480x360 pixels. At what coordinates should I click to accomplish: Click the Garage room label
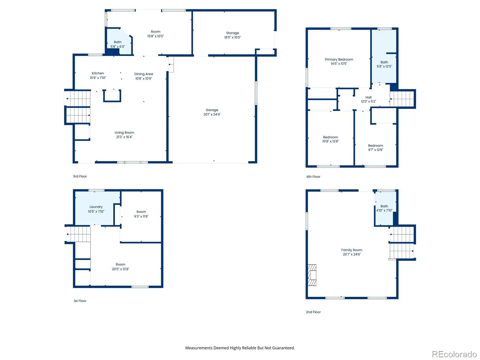[x=212, y=110]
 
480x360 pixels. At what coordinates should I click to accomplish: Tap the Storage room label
[x=232, y=33]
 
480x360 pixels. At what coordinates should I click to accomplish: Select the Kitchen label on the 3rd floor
[x=98, y=73]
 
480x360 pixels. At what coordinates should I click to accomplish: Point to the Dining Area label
[x=143, y=74]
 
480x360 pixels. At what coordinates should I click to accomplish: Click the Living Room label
[x=124, y=133]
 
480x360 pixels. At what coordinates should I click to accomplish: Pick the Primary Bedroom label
[x=339, y=59]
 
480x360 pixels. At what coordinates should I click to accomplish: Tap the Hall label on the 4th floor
[x=368, y=97]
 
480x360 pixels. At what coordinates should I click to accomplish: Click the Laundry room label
[x=96, y=207]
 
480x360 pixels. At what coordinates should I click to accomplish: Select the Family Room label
[x=352, y=250]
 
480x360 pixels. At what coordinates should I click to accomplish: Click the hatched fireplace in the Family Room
[x=312, y=275]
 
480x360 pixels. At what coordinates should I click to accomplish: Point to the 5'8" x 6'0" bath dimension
[x=118, y=46]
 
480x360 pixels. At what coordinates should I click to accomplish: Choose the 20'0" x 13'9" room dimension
[x=121, y=269]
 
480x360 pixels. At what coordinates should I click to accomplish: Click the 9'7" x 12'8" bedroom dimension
[x=376, y=150]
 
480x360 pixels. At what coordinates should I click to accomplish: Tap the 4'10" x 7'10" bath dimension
[x=384, y=210]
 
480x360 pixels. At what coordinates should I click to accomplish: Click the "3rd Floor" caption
[x=80, y=176]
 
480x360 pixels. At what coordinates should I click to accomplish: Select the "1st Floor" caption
[x=80, y=301]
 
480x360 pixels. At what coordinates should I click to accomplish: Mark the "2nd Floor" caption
[x=313, y=312]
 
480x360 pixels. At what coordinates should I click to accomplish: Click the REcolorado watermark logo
[x=454, y=354]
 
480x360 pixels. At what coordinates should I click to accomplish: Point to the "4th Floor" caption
[x=313, y=177]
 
